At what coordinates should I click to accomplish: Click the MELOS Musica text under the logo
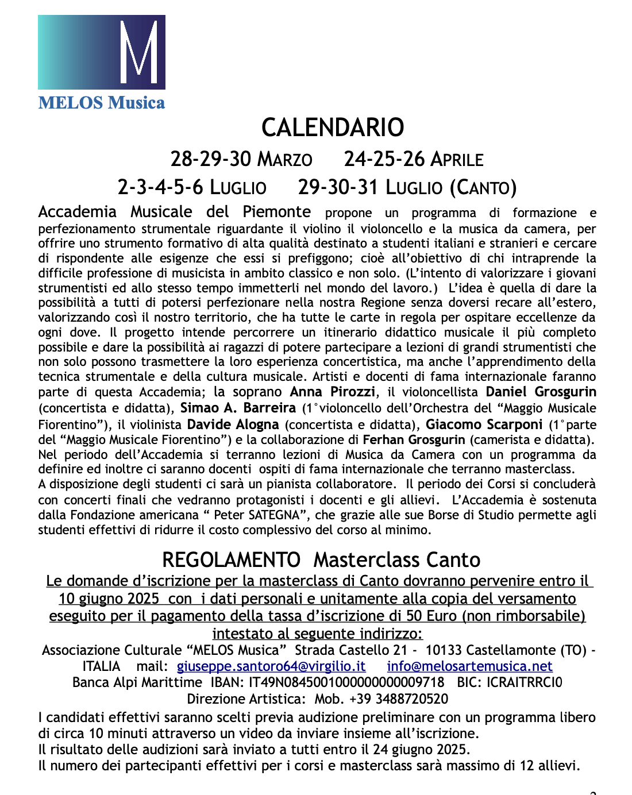(x=102, y=103)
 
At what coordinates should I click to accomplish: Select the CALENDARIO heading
(x=333, y=128)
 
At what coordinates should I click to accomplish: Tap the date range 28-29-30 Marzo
(x=241, y=159)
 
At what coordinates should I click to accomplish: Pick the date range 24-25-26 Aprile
(x=414, y=159)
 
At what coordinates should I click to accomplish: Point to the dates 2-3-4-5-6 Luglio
(x=192, y=187)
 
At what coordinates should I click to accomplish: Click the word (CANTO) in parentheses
(x=483, y=187)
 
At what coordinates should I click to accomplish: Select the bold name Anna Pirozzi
(x=333, y=392)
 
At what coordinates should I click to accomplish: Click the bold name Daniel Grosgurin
(x=541, y=392)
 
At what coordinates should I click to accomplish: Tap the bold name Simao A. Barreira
(x=238, y=408)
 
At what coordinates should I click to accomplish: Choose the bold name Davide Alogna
(x=233, y=425)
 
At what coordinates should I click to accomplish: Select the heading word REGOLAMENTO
(x=231, y=560)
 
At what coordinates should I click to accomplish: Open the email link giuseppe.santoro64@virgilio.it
(x=271, y=666)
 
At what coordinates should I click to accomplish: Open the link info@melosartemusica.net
(x=469, y=666)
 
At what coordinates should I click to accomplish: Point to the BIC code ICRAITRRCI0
(x=525, y=682)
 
